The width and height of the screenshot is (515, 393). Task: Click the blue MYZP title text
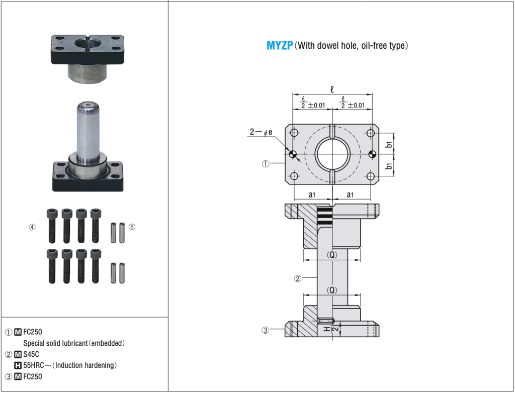coord(280,46)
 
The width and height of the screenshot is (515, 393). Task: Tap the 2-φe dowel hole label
coord(261,132)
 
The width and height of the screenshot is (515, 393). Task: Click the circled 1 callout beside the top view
coord(266,163)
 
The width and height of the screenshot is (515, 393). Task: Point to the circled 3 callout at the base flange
coord(266,330)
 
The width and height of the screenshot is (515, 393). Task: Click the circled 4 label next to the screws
coord(32,227)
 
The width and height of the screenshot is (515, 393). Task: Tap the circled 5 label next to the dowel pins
coord(132,227)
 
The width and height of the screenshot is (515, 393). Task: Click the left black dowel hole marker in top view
coord(293,154)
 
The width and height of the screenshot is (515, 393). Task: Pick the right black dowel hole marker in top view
coord(372,154)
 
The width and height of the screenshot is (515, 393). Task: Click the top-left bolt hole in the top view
coord(295,133)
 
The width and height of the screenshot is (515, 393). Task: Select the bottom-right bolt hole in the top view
coord(371,176)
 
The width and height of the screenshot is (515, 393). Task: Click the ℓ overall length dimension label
coord(332,89)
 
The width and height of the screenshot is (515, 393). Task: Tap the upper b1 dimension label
coord(389,145)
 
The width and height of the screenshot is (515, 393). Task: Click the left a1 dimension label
coord(312,194)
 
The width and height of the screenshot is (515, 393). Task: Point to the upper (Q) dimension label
coord(331,255)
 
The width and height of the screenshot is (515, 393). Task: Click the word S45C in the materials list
coord(31,354)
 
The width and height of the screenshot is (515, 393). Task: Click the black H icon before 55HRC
coord(18,365)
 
